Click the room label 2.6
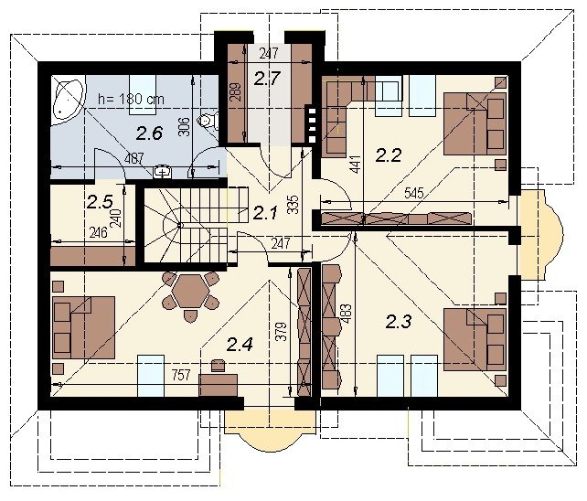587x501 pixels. click(149, 133)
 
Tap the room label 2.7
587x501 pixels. click(267, 79)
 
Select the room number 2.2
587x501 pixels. click(389, 155)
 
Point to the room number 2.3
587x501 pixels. click(399, 322)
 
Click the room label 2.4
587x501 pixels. click(240, 344)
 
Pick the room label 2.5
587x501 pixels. click(100, 202)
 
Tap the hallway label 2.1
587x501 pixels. click(265, 213)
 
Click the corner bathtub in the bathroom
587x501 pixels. click(69, 98)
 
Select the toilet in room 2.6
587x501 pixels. click(208, 120)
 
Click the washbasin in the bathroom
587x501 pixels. click(163, 172)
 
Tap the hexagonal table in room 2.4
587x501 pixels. click(191, 291)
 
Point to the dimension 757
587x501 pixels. click(181, 375)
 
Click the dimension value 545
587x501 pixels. click(414, 193)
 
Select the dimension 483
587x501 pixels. click(346, 314)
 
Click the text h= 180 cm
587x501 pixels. click(131, 99)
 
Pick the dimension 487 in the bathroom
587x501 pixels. click(133, 158)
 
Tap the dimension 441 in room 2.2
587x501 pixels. click(356, 164)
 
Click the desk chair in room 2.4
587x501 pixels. click(218, 366)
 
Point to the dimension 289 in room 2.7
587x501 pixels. click(236, 92)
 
